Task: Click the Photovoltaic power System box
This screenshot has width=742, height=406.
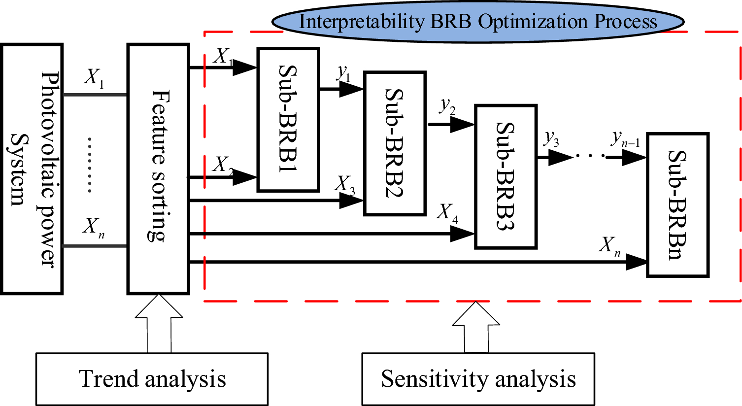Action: tap(32, 169)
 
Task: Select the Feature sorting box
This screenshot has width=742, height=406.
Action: tap(158, 169)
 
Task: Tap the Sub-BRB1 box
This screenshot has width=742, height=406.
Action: tap(288, 120)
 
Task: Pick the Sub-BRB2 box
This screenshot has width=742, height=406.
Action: tap(395, 143)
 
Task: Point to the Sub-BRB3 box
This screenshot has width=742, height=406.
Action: tap(506, 176)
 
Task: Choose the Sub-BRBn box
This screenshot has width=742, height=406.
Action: tap(677, 204)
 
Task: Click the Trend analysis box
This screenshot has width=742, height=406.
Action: tap(152, 379)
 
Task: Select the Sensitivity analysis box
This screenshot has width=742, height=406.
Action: tap(478, 379)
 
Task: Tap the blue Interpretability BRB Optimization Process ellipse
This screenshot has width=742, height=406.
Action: tap(478, 22)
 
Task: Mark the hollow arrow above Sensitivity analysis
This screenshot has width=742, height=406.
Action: tap(476, 328)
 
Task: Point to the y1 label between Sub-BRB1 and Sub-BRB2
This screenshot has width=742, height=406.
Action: tap(343, 73)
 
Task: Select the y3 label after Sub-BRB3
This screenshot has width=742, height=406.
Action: tap(551, 139)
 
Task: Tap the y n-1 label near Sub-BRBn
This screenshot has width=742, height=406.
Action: tap(625, 139)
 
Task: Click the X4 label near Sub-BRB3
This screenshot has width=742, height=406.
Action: tap(447, 213)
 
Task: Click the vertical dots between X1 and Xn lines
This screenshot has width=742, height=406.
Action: tap(90, 165)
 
